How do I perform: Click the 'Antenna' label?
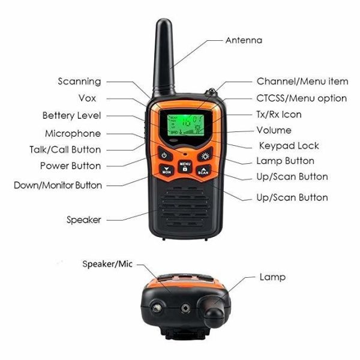(x=244, y=40)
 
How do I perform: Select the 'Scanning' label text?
(x=79, y=81)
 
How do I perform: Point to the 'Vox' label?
(x=88, y=98)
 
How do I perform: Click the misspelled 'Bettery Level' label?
(x=71, y=115)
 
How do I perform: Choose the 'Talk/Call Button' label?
(x=65, y=149)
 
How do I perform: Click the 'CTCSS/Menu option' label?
(x=302, y=98)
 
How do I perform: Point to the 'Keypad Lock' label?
(x=289, y=146)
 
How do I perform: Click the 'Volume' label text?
(x=274, y=130)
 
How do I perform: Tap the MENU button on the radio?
(x=185, y=166)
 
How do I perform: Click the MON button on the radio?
(x=167, y=170)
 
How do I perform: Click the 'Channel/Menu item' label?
(x=302, y=81)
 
